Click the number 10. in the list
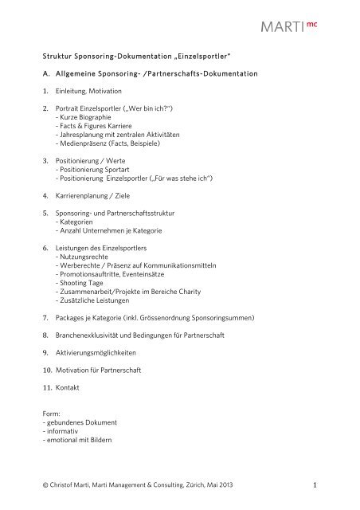[46, 369]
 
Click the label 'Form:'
[51, 413]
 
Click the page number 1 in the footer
[315, 485]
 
